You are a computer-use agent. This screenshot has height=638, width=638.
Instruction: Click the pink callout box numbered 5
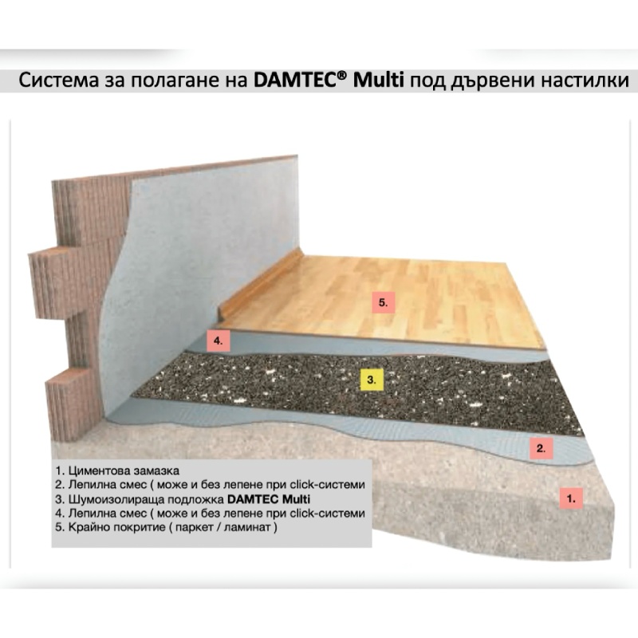click(384, 302)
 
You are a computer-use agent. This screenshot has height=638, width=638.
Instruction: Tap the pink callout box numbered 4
click(218, 341)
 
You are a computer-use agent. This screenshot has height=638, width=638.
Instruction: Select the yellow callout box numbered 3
click(372, 380)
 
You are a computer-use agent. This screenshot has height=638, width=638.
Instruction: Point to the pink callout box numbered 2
click(541, 448)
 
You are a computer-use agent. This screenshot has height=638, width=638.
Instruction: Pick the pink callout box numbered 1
click(571, 498)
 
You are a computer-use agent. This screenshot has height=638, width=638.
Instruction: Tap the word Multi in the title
click(378, 81)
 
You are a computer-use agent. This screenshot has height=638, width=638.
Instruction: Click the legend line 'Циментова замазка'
click(117, 471)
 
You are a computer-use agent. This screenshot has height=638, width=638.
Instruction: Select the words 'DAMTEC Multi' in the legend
click(269, 499)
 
